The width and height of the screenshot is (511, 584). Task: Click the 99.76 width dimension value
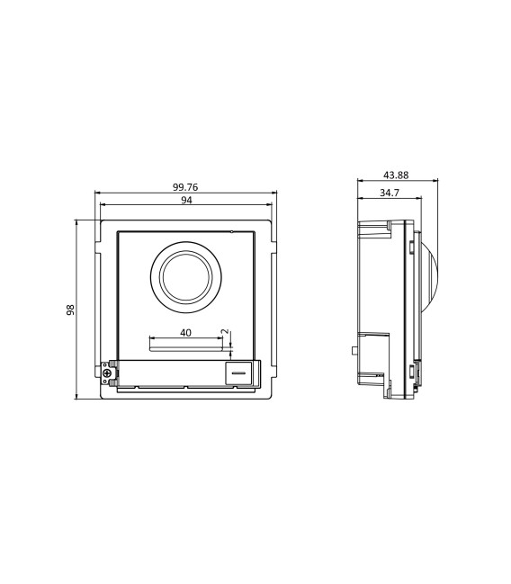click(185, 186)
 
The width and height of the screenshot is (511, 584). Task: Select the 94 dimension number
click(186, 201)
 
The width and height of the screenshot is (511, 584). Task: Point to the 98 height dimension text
click(70, 309)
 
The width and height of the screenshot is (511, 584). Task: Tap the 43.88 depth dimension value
click(396, 175)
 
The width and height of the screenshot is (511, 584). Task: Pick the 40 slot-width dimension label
click(185, 332)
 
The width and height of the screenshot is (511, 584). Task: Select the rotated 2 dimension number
click(224, 334)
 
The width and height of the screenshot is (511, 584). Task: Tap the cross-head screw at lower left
click(108, 373)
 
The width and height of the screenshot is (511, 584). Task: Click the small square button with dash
click(238, 371)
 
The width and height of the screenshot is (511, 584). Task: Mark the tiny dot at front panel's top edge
click(231, 232)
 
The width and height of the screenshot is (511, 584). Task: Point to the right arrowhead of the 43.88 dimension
click(438, 181)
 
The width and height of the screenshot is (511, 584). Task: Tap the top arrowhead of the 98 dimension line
click(76, 220)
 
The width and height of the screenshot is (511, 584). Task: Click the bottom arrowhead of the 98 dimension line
click(76, 398)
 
